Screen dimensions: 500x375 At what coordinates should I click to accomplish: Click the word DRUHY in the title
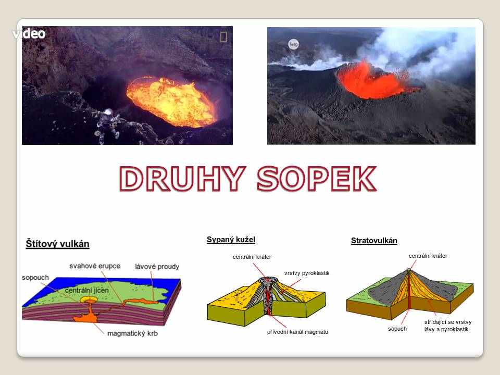(183, 178)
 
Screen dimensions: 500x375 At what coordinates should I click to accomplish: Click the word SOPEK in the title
(317, 178)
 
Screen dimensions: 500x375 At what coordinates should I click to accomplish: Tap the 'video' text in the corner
(29, 33)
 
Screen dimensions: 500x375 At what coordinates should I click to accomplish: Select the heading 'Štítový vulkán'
(57, 244)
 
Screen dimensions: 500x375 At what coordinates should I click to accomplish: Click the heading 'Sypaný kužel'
(231, 240)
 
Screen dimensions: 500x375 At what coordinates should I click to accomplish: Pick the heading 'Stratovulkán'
(374, 241)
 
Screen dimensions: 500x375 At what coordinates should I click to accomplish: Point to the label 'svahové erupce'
(95, 266)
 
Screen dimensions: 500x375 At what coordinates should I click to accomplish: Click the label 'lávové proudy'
(157, 267)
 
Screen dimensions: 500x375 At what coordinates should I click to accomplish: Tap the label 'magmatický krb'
(132, 333)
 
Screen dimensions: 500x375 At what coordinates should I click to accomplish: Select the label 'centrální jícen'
(87, 291)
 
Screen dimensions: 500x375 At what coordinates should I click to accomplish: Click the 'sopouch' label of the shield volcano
(35, 278)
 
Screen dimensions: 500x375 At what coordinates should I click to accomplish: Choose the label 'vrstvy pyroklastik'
(307, 273)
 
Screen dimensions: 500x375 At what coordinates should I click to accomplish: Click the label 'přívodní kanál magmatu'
(297, 332)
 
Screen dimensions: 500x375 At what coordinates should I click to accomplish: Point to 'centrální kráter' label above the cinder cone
(252, 257)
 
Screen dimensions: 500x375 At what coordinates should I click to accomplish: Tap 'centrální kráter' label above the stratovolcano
(428, 256)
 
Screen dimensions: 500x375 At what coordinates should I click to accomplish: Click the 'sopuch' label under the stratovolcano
(397, 329)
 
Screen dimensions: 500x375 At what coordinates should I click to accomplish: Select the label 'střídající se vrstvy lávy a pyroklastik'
(448, 326)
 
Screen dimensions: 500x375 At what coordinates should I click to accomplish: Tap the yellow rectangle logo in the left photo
(223, 36)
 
